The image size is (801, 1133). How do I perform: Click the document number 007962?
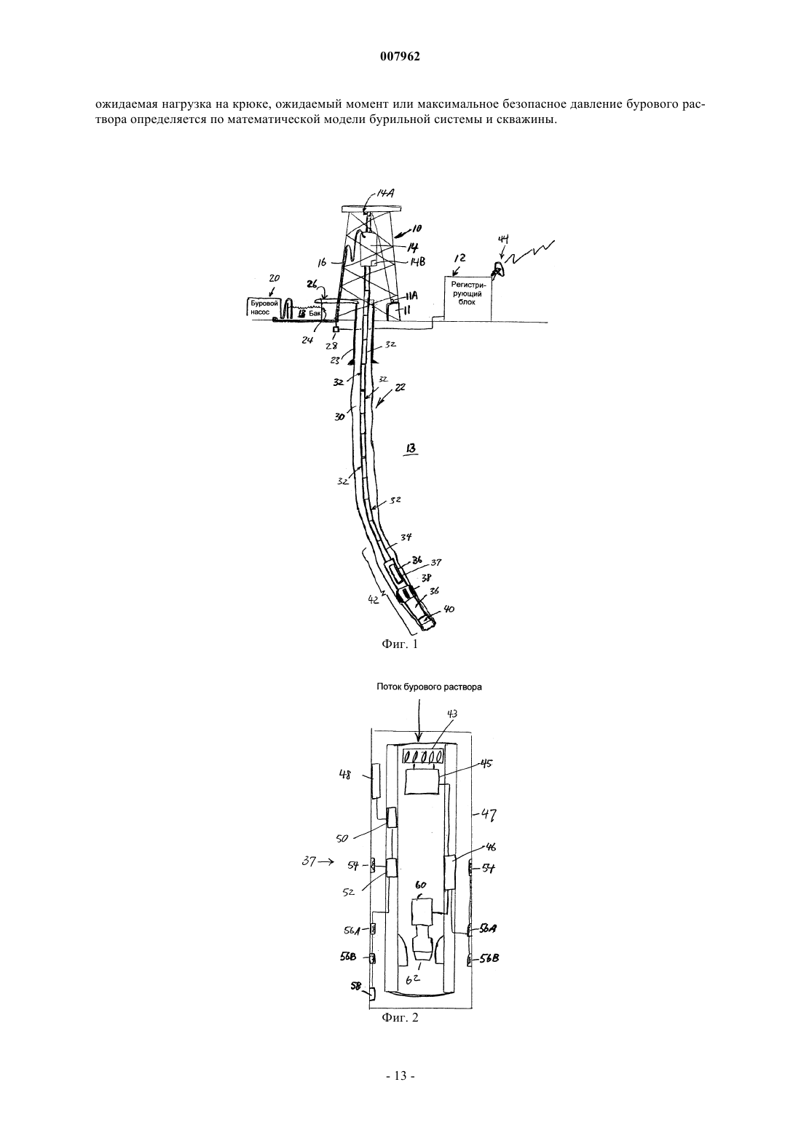400,57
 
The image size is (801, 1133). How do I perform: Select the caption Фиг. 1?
400,644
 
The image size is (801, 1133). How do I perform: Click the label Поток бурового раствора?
430,687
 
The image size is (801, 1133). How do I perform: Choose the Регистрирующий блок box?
467,298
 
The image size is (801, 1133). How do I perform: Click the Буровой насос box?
264,307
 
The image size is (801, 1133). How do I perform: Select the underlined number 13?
411,449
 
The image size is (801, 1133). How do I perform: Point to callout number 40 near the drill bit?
448,609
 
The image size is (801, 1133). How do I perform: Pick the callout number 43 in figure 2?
451,714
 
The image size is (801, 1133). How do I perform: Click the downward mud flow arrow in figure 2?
418,719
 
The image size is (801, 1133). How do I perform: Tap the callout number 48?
345,774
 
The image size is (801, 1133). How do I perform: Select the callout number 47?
487,814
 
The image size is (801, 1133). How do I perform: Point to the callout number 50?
342,838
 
